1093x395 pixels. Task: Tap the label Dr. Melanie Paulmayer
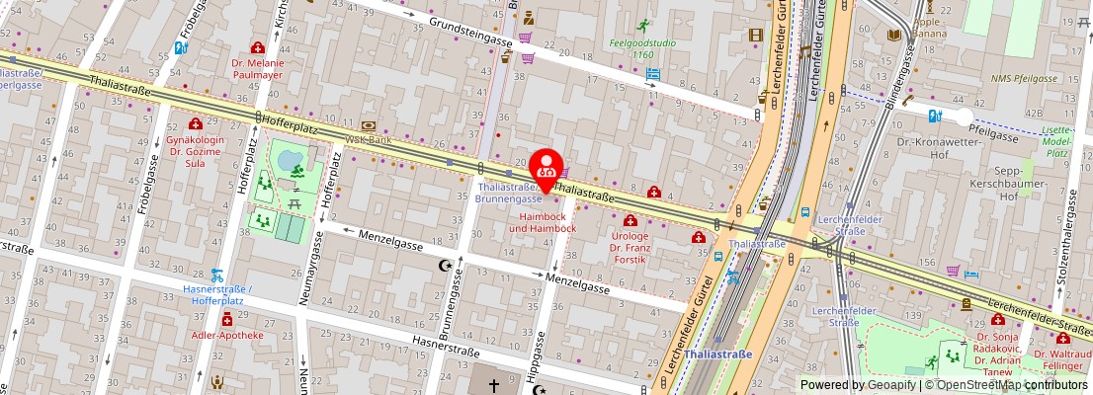[x=257, y=68]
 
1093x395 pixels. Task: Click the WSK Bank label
[x=368, y=139]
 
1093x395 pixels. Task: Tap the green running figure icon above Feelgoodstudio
[x=644, y=25]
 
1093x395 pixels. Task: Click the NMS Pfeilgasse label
[x=1024, y=78]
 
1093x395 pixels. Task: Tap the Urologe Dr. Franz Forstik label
[x=630, y=250]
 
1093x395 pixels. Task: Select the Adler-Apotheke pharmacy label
[x=227, y=335]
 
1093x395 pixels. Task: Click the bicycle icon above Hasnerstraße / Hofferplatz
[x=216, y=276]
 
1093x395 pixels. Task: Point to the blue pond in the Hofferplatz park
[x=289, y=158]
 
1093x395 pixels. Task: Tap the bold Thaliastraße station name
[x=717, y=354]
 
